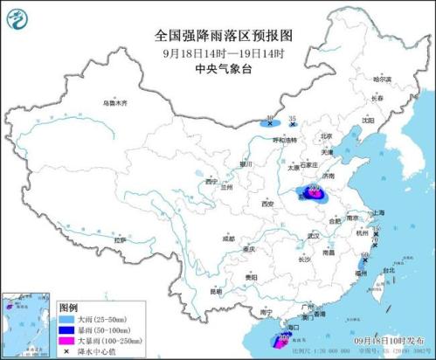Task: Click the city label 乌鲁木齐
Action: [114, 102]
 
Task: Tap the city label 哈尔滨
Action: [378, 80]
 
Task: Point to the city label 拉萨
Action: [120, 239]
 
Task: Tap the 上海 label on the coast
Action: [377, 212]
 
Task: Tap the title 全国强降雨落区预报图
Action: [218, 35]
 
